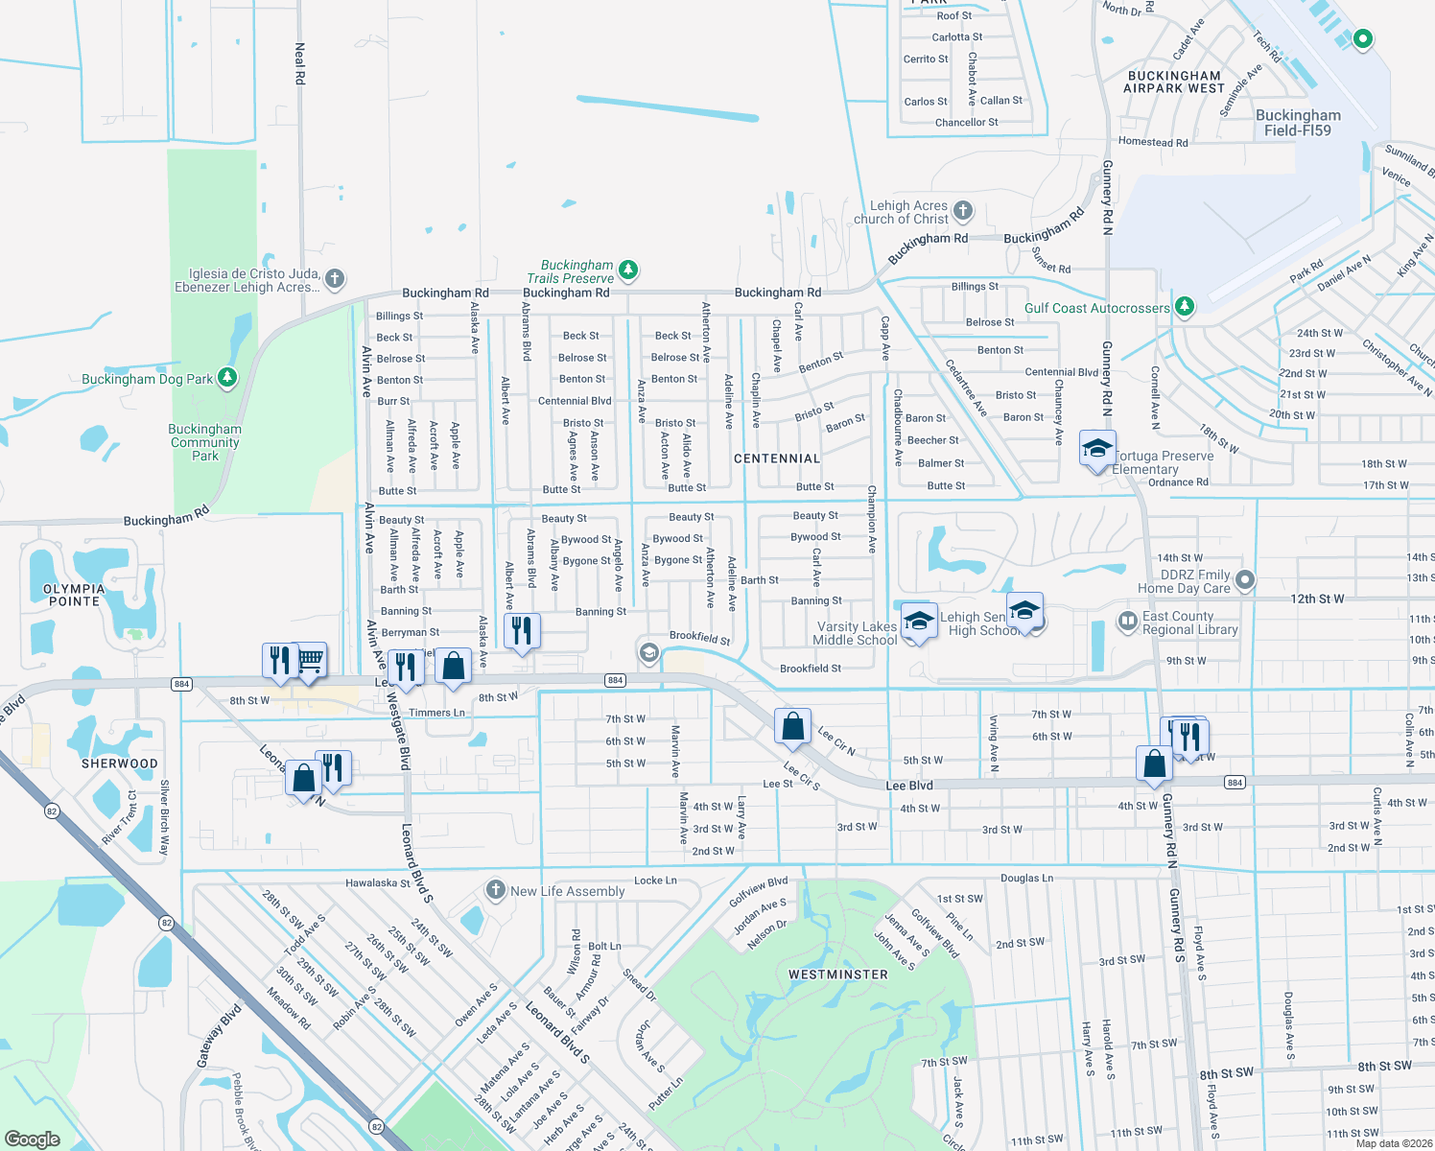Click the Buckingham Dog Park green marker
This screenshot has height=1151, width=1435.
pos(227,378)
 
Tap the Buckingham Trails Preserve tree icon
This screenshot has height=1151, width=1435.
pos(628,270)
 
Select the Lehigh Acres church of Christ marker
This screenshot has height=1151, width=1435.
pos(963,211)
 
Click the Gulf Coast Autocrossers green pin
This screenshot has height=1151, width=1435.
pos(1185,307)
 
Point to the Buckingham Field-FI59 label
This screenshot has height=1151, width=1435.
pos(1298,123)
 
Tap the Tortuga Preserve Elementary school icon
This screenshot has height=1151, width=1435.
pos(1097,449)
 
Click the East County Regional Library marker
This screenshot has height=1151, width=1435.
pos(1128,622)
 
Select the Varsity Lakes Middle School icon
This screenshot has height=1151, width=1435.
pos(918,621)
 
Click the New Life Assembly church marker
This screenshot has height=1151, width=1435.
pos(495,890)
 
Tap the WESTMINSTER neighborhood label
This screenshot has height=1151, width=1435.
pos(838,975)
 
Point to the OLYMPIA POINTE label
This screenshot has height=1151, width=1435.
pos(74,595)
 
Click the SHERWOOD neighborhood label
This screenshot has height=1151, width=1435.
pos(120,763)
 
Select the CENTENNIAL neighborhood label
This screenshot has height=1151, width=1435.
pos(777,458)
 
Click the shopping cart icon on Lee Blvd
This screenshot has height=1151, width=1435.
pos(309,660)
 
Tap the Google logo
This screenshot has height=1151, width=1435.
pos(32,1139)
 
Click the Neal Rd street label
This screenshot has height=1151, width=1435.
pos(299,63)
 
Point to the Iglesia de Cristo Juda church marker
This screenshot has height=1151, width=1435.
pos(334,279)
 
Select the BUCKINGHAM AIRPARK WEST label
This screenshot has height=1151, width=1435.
pos(1174,82)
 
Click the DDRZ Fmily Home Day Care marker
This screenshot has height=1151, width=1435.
pos(1245,579)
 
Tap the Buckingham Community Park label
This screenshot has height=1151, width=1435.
pos(205,442)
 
